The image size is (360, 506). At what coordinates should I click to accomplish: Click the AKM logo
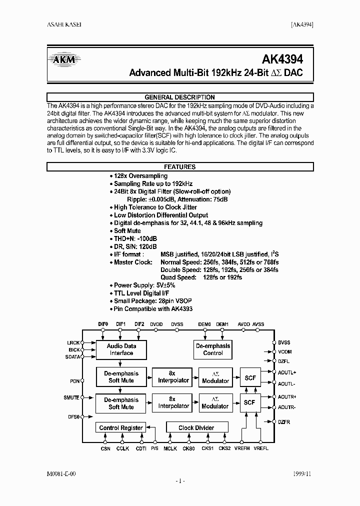(x=64, y=60)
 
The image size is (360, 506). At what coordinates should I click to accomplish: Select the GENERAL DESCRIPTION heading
(x=179, y=97)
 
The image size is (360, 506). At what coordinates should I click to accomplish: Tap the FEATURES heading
(x=179, y=167)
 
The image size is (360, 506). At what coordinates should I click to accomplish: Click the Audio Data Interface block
(x=121, y=349)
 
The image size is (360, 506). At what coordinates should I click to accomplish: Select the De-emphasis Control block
(x=213, y=349)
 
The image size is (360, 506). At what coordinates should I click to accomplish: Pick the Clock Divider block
(x=196, y=427)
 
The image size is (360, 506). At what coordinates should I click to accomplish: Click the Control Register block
(x=121, y=427)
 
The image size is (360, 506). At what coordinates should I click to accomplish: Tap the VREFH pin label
(x=242, y=449)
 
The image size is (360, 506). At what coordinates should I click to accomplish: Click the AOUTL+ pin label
(x=287, y=372)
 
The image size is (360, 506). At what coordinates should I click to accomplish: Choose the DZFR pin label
(x=284, y=422)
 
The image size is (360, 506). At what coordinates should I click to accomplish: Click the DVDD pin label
(x=156, y=324)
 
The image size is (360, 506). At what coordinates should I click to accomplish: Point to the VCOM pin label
(x=284, y=351)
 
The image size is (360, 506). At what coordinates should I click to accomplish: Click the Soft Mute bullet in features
(x=127, y=231)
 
